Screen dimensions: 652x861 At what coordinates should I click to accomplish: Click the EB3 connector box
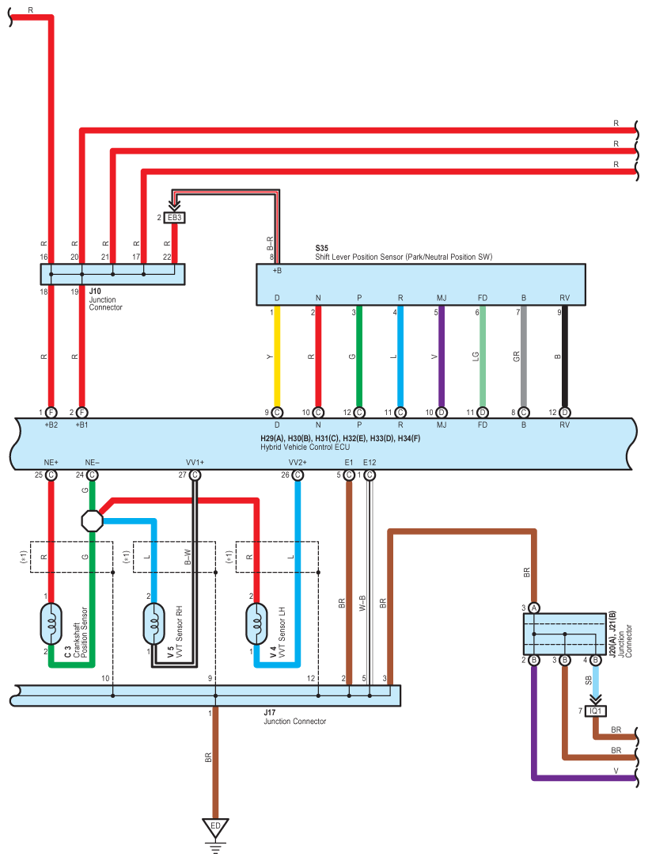(x=174, y=218)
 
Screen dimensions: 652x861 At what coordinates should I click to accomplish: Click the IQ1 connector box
(x=595, y=711)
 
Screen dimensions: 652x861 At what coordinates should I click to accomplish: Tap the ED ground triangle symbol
(x=215, y=828)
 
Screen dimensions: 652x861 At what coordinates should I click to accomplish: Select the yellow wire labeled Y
(x=277, y=356)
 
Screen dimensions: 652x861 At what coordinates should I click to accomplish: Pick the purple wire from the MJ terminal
(x=442, y=356)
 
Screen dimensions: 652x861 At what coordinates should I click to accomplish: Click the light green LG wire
(x=483, y=356)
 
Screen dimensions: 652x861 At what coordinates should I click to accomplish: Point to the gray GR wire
(x=524, y=356)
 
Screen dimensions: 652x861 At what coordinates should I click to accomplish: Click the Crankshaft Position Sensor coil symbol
(x=51, y=624)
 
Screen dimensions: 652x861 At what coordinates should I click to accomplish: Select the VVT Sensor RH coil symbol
(x=154, y=624)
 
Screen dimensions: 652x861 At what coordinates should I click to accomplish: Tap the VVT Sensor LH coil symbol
(x=256, y=624)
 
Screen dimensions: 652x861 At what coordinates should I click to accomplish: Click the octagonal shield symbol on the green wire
(x=92, y=520)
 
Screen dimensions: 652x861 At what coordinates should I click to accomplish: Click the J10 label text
(x=95, y=291)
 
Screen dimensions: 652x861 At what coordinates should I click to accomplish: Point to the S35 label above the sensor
(x=321, y=248)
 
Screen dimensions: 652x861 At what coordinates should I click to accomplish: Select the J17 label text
(x=269, y=713)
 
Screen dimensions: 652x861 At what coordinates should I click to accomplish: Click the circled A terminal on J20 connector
(x=534, y=608)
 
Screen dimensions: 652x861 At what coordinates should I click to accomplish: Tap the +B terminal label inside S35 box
(x=277, y=271)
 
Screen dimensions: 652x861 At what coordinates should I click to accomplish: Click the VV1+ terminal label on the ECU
(x=195, y=463)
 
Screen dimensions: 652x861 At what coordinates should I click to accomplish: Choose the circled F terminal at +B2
(x=51, y=413)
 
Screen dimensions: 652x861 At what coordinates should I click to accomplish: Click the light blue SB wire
(x=596, y=680)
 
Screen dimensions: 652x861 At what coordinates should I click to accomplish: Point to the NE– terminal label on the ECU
(x=92, y=463)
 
